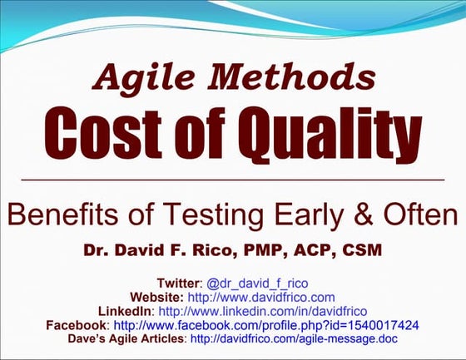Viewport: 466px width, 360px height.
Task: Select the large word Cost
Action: point(109,133)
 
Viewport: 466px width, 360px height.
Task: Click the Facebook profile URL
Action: point(265,325)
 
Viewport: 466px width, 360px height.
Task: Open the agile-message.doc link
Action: point(294,339)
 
